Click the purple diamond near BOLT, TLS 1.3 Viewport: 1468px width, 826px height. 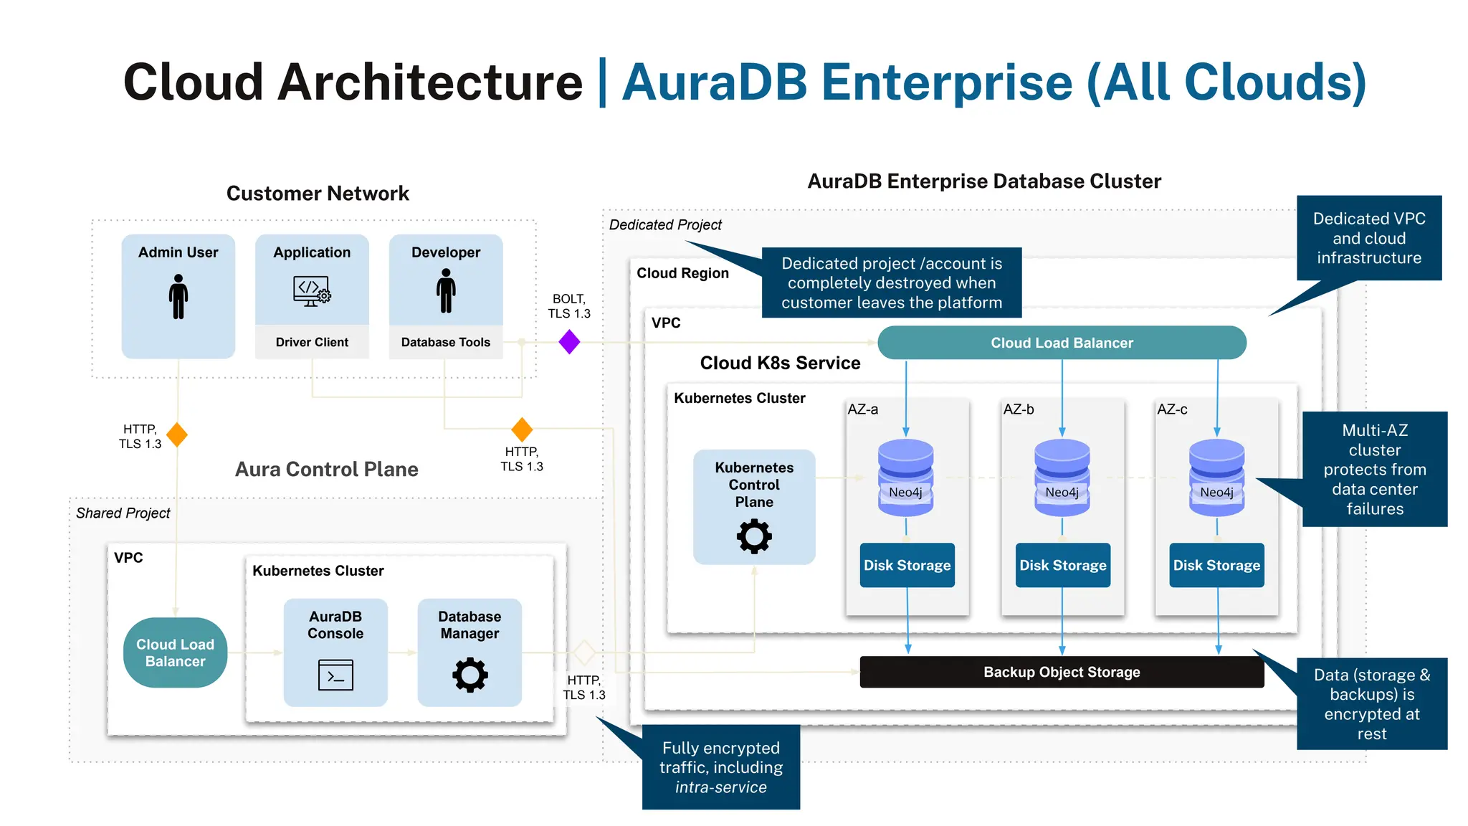pyautogui.click(x=569, y=342)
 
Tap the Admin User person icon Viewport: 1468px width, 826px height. pyautogui.click(x=178, y=296)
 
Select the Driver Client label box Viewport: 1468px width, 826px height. pyautogui.click(x=312, y=342)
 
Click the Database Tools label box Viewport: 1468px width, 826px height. pyautogui.click(x=445, y=342)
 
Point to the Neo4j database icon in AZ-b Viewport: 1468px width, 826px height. pyautogui.click(x=1062, y=477)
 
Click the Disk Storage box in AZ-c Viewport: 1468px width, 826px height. pyautogui.click(x=1216, y=565)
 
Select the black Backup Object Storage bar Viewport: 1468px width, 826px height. pyautogui.click(x=1062, y=672)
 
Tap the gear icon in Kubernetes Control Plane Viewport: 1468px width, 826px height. pyautogui.click(x=754, y=536)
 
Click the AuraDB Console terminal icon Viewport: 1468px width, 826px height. pyautogui.click(x=335, y=675)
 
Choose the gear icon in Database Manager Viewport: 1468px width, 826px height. pyautogui.click(x=470, y=675)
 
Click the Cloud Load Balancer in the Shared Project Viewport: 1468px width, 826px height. pyautogui.click(x=176, y=652)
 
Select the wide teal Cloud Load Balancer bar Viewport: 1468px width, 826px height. pyautogui.click(x=1062, y=343)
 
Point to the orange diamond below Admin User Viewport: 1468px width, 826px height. pyautogui.click(x=177, y=435)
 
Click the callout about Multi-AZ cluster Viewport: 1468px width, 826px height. pyautogui.click(x=1374, y=469)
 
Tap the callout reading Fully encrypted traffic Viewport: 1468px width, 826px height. pyautogui.click(x=721, y=767)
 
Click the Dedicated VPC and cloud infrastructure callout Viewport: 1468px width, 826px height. pyautogui.click(x=1368, y=238)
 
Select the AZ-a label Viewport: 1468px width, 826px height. pyautogui.click(x=862, y=409)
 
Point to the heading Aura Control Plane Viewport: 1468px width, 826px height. pyautogui.click(x=326, y=469)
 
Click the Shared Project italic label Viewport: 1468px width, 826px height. pyautogui.click(x=123, y=513)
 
